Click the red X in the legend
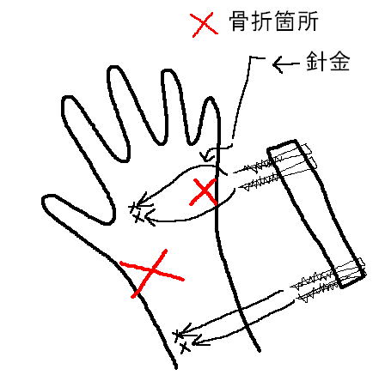tap(205, 25)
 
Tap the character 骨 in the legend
tap(239, 21)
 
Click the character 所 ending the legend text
tap(307, 21)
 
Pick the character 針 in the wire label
tap(316, 61)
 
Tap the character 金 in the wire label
tap(339, 61)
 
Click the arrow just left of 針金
tap(286, 64)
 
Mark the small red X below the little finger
tap(204, 191)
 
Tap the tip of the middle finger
tap(114, 69)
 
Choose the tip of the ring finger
tap(168, 71)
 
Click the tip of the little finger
tap(211, 100)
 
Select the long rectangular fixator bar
tap(315, 212)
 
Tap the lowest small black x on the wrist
tap(185, 348)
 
